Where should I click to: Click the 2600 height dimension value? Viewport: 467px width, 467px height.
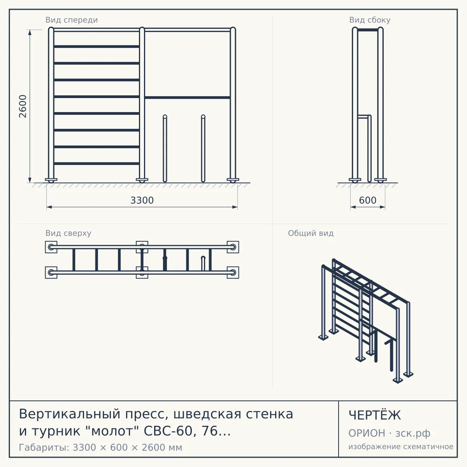[x=23, y=106]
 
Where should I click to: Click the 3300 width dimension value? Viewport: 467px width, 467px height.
[x=142, y=200]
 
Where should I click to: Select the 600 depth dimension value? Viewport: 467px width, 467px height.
[x=368, y=200]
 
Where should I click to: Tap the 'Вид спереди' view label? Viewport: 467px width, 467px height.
[x=72, y=20]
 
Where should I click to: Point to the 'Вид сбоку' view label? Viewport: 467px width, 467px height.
[x=370, y=20]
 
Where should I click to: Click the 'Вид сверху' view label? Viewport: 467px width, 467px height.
[x=68, y=233]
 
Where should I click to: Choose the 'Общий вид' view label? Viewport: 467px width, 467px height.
[x=311, y=233]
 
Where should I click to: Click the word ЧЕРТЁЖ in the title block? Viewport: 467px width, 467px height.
[x=374, y=415]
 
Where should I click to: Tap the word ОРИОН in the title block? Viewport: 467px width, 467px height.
[x=367, y=433]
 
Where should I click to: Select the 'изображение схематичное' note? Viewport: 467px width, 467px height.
[x=401, y=446]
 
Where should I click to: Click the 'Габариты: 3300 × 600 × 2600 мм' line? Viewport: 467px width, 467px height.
[x=100, y=448]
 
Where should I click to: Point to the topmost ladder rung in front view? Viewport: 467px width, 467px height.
[x=97, y=46]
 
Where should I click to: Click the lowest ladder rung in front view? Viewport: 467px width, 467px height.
[x=97, y=163]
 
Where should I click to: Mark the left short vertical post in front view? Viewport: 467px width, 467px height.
[x=165, y=148]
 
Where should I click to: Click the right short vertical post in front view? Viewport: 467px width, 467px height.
[x=203, y=148]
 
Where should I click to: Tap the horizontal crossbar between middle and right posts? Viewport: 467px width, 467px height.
[x=187, y=98]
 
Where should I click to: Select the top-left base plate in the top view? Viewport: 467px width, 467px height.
[x=51, y=247]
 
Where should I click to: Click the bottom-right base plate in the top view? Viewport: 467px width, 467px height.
[x=233, y=273]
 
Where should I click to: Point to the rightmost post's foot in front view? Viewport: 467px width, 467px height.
[x=233, y=180]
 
